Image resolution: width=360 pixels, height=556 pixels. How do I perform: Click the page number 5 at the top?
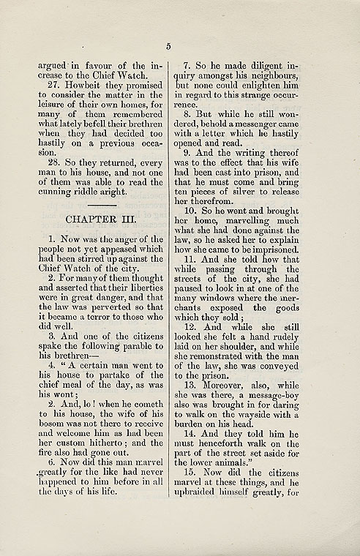168,46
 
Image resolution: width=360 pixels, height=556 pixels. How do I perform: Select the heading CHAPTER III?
97,220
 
